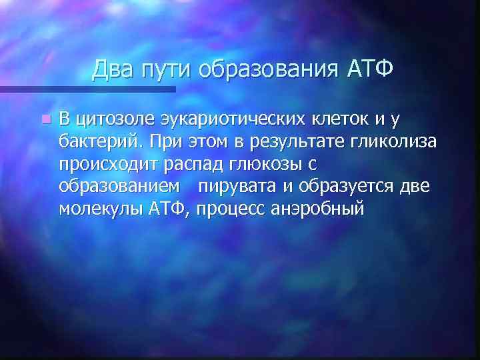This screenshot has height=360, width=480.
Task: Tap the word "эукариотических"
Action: [215, 120]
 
